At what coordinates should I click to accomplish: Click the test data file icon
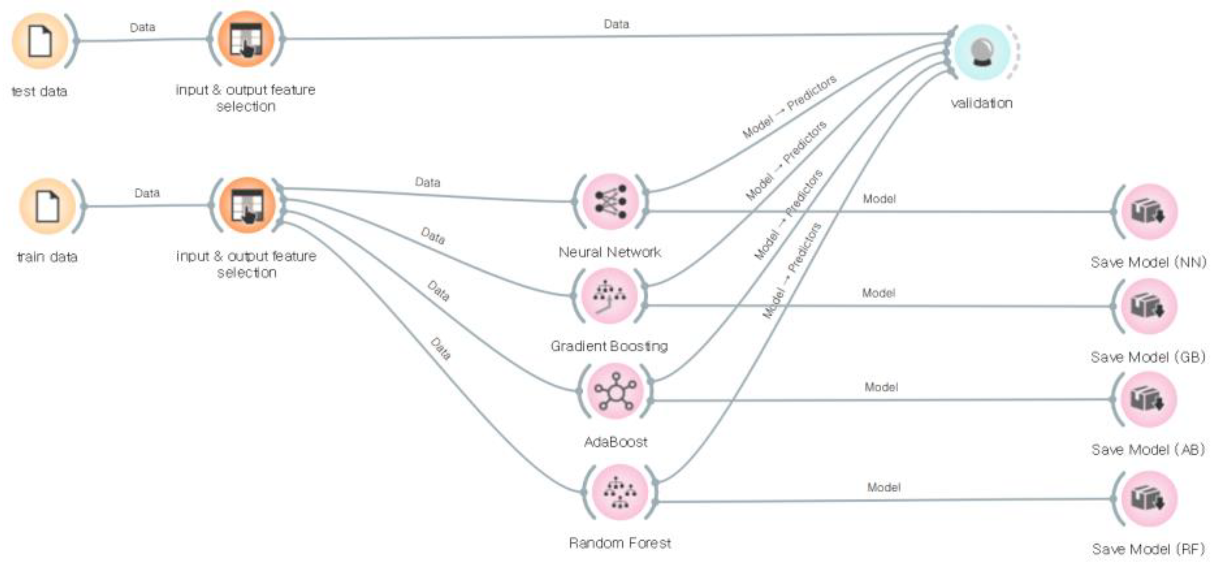[x=40, y=41]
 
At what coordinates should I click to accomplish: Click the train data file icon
[x=47, y=206]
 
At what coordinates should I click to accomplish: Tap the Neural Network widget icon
[x=610, y=202]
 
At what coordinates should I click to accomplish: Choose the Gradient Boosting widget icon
[x=609, y=296]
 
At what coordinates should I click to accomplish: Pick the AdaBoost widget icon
[x=615, y=391]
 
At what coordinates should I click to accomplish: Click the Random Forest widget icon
[x=620, y=492]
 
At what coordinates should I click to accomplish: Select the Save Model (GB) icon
[x=1148, y=306]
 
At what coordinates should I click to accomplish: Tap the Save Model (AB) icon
[x=1148, y=399]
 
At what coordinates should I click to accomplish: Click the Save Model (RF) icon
[x=1148, y=499]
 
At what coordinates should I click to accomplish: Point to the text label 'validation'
[x=982, y=103]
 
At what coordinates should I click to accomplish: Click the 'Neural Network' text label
[x=609, y=252]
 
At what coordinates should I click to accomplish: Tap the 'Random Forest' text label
[x=620, y=543]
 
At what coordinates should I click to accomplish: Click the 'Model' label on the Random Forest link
[x=884, y=487]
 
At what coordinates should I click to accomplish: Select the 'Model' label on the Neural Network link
[x=879, y=199]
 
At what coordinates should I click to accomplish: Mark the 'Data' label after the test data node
[x=142, y=27]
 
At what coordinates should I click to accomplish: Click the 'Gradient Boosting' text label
[x=609, y=346]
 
